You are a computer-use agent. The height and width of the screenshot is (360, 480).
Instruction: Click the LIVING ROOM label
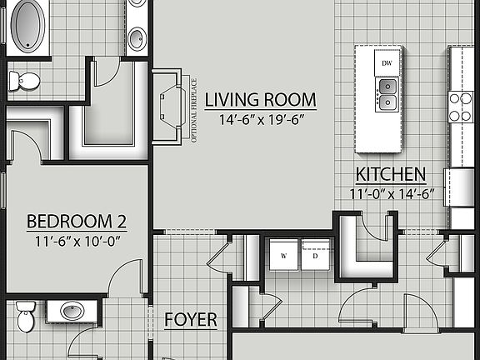click(x=261, y=100)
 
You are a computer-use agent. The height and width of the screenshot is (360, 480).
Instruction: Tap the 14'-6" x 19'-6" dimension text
click(x=261, y=119)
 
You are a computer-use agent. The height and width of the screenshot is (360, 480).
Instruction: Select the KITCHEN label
click(x=390, y=175)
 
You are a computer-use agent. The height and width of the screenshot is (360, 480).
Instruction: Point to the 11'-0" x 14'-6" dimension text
click(x=392, y=194)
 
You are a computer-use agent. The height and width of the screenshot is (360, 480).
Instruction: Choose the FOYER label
click(x=190, y=320)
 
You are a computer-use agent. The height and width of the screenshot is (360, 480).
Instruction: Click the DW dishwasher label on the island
click(x=387, y=63)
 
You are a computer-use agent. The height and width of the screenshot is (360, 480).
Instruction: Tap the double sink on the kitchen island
click(x=387, y=93)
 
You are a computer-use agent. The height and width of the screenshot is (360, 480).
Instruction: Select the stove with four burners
click(x=461, y=107)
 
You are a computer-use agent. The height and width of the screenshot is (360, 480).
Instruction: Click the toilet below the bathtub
click(x=25, y=81)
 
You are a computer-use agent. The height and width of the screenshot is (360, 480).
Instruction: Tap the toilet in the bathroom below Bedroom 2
click(x=26, y=317)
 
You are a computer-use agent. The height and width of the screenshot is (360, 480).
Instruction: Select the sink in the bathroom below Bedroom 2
click(x=72, y=312)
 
